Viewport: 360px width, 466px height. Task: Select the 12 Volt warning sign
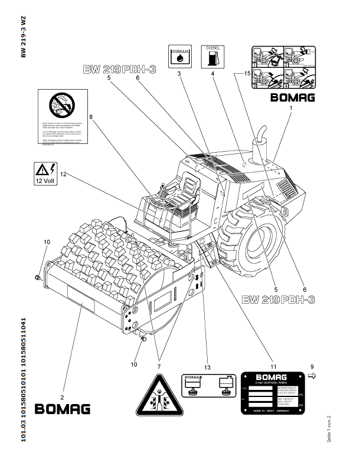pos(42,174)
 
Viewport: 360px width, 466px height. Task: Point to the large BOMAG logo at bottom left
pos(63,408)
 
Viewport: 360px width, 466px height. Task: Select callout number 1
pos(290,109)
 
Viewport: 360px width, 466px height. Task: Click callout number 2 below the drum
pos(63,380)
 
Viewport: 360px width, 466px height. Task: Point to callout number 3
pos(178,74)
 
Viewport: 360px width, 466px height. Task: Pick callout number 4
pos(211,74)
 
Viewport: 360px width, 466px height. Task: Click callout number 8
pos(91,117)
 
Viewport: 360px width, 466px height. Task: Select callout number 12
pos(63,174)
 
